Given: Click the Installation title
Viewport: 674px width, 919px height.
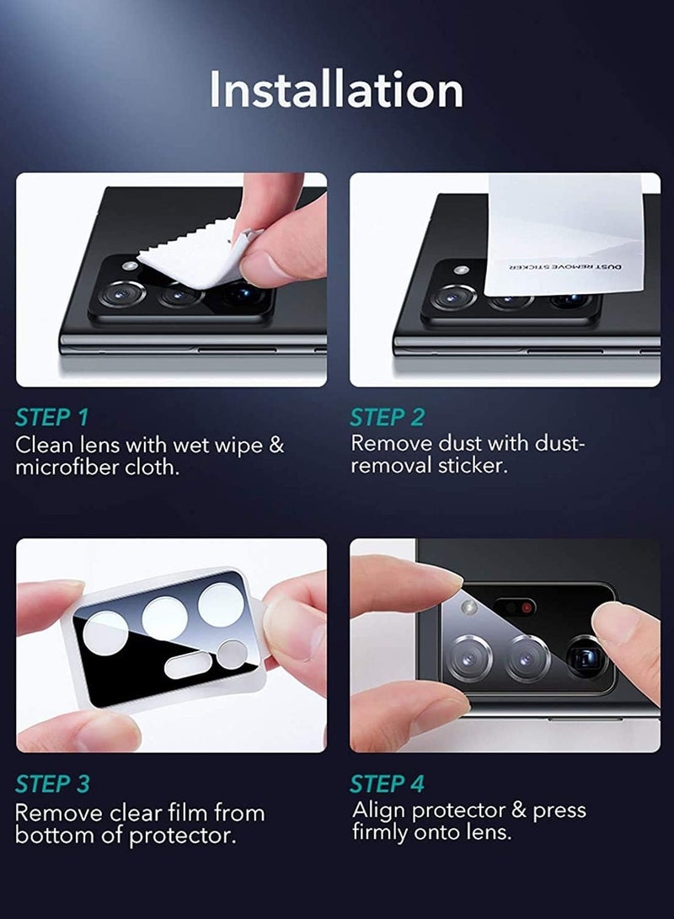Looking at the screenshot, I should point(336,89).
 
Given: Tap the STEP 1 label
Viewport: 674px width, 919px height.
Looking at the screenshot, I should point(51,417).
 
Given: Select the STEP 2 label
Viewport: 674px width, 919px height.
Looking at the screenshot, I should point(388,417).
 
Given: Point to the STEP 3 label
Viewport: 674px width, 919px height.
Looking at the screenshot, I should point(52,784).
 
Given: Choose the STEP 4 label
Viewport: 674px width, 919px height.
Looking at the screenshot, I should point(388,784).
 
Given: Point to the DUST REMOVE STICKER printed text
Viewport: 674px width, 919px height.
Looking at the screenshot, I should point(564,265).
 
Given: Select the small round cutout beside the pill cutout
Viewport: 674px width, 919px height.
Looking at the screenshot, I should point(233,653).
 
